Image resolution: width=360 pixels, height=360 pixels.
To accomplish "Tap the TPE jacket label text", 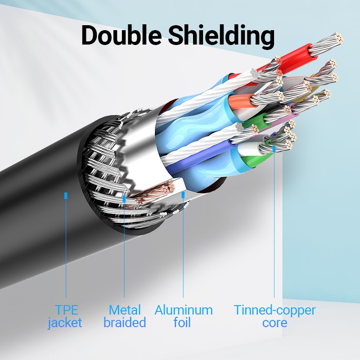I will (x=66, y=316).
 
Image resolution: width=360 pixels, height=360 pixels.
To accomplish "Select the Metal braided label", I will (x=125, y=316).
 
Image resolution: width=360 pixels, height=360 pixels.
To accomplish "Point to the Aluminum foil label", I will (x=183, y=316).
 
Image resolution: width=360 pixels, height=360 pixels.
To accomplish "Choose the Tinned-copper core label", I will (x=274, y=316).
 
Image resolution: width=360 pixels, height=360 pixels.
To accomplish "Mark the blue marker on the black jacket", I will (x=66, y=196).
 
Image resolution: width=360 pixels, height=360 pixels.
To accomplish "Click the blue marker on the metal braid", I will (x=124, y=198).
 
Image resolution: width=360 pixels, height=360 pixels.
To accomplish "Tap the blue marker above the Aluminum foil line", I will (x=183, y=194).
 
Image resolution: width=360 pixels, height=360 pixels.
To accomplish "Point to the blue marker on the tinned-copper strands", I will (x=274, y=148).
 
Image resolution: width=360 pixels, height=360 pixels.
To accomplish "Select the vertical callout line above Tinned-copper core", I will (x=274, y=225).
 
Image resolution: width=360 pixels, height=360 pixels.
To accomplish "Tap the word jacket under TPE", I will (x=66, y=323).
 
